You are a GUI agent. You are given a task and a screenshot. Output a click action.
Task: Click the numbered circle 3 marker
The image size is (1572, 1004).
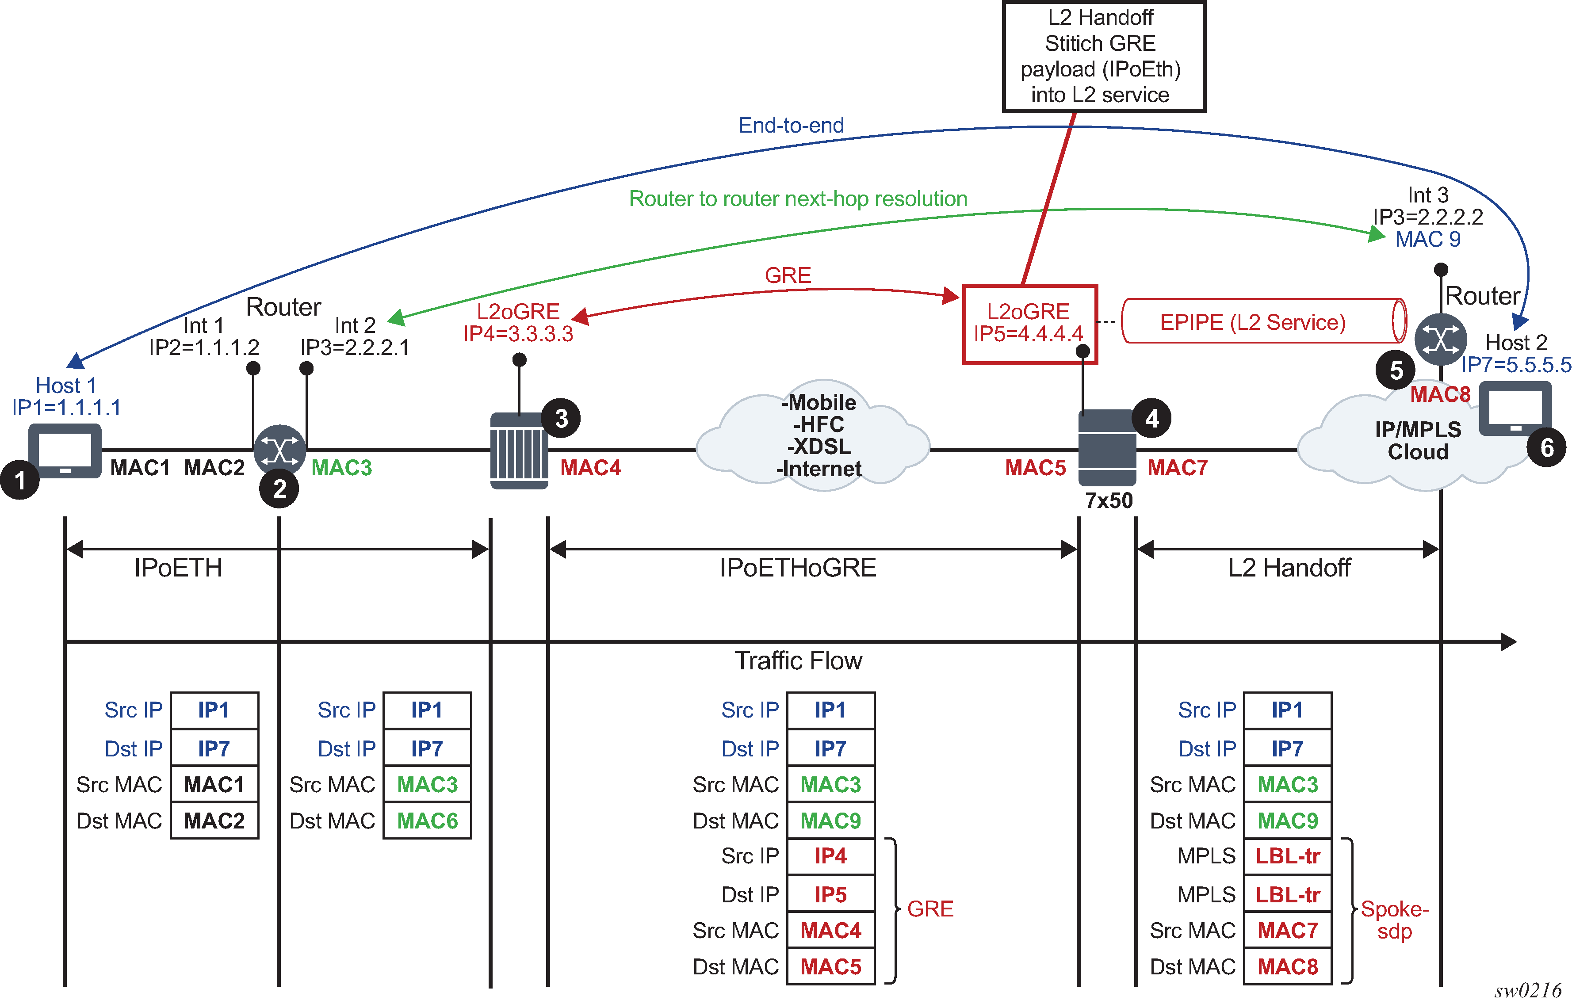pyautogui.click(x=561, y=418)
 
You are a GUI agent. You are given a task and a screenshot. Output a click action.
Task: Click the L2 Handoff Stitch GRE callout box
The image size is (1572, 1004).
pyautogui.click(x=1103, y=56)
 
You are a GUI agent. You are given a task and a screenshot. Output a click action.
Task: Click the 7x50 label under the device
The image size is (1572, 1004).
pyautogui.click(x=1109, y=501)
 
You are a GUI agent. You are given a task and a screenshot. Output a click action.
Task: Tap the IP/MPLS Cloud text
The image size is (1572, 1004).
pyautogui.click(x=1418, y=441)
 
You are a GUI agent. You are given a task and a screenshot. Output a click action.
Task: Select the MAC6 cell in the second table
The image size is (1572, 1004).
pyautogui.click(x=427, y=821)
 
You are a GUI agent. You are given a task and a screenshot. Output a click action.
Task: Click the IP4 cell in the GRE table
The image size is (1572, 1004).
pyautogui.click(x=830, y=856)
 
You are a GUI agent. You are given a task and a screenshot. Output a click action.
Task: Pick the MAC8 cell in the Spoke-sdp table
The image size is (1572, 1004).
pyautogui.click(x=1287, y=967)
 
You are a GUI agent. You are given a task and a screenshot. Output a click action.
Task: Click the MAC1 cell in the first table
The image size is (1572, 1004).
pyautogui.click(x=214, y=784)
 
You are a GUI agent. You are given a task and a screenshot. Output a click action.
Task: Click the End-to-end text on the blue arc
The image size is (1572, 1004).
pyautogui.click(x=791, y=125)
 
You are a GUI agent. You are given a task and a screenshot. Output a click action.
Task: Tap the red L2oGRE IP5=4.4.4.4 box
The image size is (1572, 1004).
pyautogui.click(x=1029, y=324)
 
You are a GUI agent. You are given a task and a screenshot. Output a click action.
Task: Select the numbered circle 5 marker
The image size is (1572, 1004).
pyautogui.click(x=1395, y=370)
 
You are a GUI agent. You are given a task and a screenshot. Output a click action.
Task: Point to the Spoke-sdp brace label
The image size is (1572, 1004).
pyautogui.click(x=1394, y=920)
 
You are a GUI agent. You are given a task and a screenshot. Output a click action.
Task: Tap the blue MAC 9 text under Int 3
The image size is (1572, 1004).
pyautogui.click(x=1428, y=240)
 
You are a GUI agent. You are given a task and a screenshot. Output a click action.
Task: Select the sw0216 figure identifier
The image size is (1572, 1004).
pyautogui.click(x=1528, y=991)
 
